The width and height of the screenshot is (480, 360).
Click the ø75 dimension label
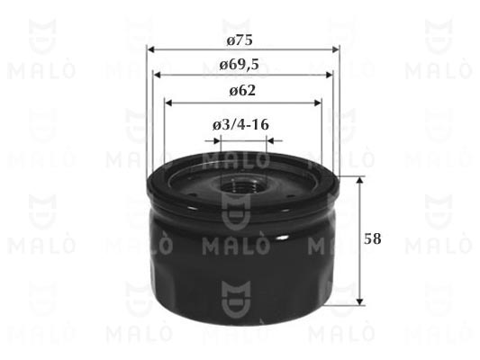click(240, 40)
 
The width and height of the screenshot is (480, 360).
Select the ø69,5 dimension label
click(240, 65)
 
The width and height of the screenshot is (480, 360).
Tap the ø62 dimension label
click(242, 91)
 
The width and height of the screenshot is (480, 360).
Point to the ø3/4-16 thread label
click(241, 125)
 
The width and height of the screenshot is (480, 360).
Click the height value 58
click(373, 238)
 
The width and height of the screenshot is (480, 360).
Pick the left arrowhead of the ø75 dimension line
click(150, 49)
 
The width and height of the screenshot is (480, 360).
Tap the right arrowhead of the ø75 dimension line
click(336, 49)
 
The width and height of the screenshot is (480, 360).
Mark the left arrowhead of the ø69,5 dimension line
click(157, 75)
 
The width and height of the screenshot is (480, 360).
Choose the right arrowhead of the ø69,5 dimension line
click(329, 75)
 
